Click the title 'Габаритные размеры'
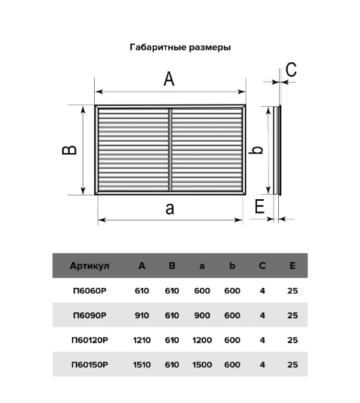180,48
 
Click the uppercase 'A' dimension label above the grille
169,79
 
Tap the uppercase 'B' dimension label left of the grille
70,150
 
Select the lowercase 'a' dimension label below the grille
170,209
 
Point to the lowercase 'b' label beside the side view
256,150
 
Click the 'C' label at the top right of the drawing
291,70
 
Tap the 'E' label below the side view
259,206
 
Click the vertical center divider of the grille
170,150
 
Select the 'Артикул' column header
89,266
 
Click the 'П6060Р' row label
89,291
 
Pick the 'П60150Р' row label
89,364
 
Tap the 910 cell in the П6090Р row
142,315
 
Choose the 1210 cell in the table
142,340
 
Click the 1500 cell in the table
202,364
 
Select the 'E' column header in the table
293,266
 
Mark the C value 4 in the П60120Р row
262,340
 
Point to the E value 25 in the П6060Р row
293,291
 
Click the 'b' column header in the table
232,266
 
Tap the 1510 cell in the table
142,364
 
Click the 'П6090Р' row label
89,315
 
